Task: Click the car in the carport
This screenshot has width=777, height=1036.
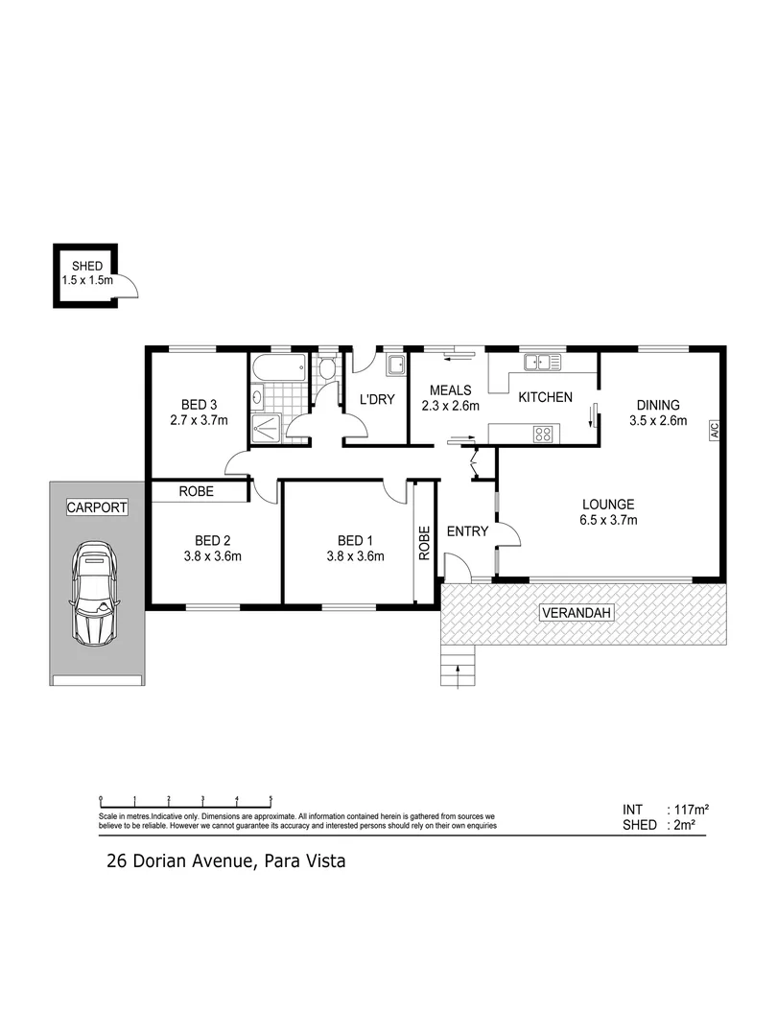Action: point(95,595)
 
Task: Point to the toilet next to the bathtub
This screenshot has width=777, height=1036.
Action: point(327,368)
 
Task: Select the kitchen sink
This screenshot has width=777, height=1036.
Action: point(541,363)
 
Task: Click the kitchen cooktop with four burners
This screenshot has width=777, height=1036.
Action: point(543,433)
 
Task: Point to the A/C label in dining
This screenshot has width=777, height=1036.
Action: point(714,432)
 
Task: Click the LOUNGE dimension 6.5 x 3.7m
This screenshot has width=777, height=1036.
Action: point(608,520)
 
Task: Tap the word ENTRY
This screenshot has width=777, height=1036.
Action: point(468,531)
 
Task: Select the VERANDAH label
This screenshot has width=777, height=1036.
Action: point(576,613)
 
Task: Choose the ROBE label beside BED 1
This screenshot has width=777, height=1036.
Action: point(424,544)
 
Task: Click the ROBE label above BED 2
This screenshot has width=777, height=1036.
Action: point(197,491)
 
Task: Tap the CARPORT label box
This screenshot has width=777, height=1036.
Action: point(96,508)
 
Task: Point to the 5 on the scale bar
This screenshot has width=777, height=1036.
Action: point(271,799)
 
